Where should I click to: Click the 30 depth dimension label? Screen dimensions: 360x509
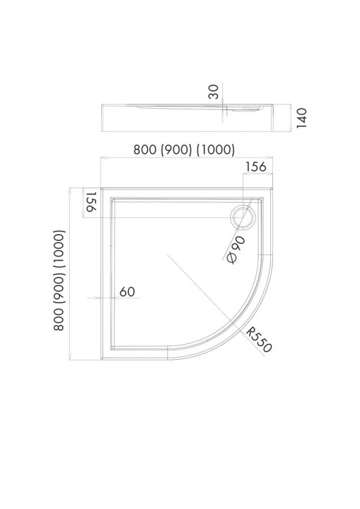click(x=213, y=92)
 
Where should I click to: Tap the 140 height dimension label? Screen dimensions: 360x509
click(x=302, y=118)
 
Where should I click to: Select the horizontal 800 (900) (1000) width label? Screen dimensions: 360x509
click(x=184, y=150)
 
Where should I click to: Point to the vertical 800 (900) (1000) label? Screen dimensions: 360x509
click(x=60, y=280)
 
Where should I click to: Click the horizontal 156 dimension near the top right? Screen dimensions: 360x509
click(x=255, y=166)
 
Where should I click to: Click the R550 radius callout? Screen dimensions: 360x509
click(x=258, y=339)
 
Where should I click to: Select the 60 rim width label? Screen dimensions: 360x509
click(x=127, y=292)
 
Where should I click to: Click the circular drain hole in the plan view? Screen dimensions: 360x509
click(x=243, y=217)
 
